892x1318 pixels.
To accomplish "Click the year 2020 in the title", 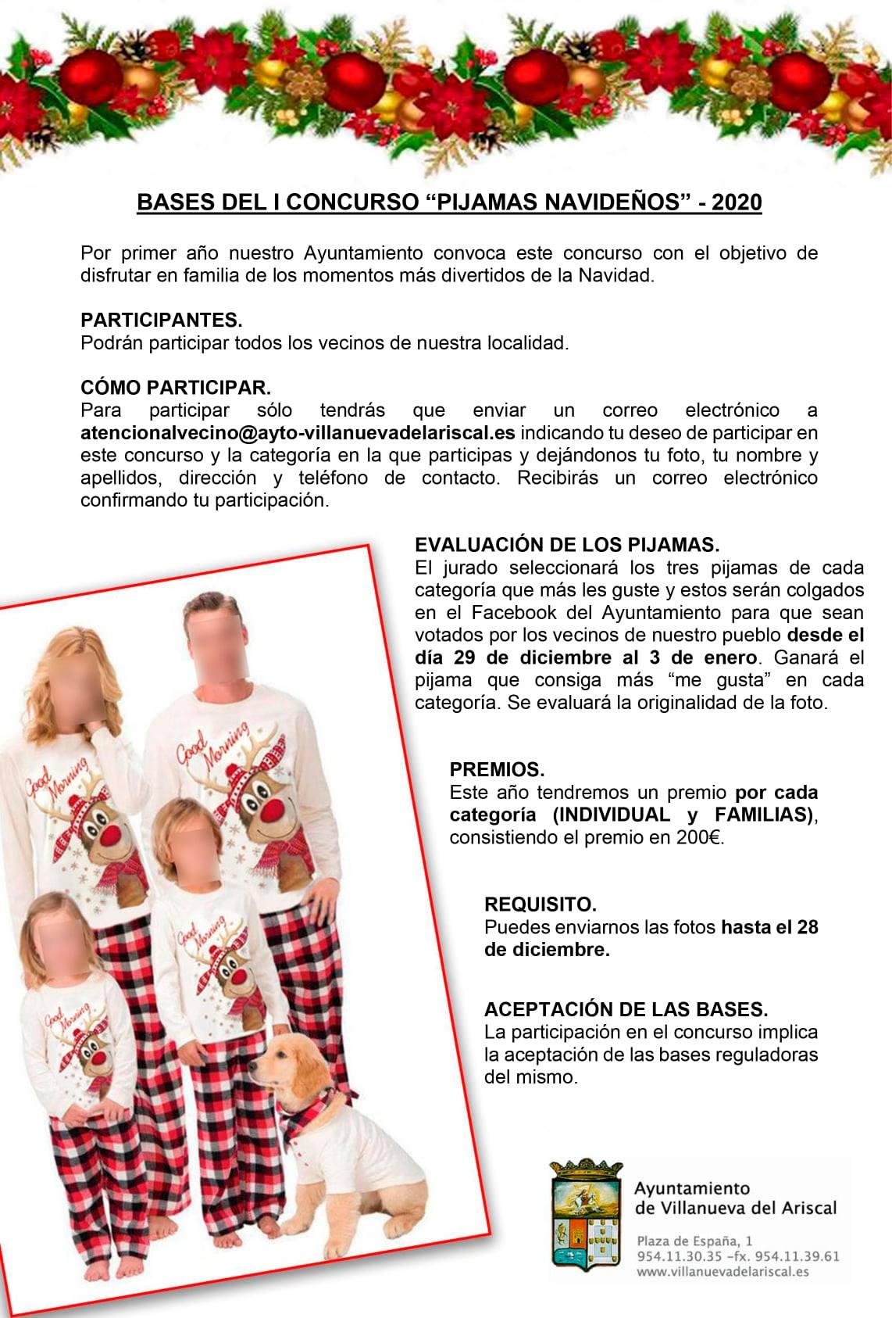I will [737, 202].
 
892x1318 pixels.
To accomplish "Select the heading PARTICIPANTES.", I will [162, 320].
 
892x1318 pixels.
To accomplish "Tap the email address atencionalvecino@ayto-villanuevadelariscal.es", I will [298, 432].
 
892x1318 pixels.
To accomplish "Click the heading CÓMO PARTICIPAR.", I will [176, 388].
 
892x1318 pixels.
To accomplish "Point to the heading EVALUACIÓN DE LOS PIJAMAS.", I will [567, 545].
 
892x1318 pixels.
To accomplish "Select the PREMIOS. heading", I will [497, 769].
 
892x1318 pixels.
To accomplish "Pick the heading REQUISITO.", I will [541, 904].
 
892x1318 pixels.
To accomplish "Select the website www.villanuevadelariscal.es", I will [723, 1272].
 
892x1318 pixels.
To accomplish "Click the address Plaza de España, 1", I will [695, 1241].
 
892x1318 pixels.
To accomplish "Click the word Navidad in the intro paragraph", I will [623, 276].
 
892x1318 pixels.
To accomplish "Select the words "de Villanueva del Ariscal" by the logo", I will [735, 1208].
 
